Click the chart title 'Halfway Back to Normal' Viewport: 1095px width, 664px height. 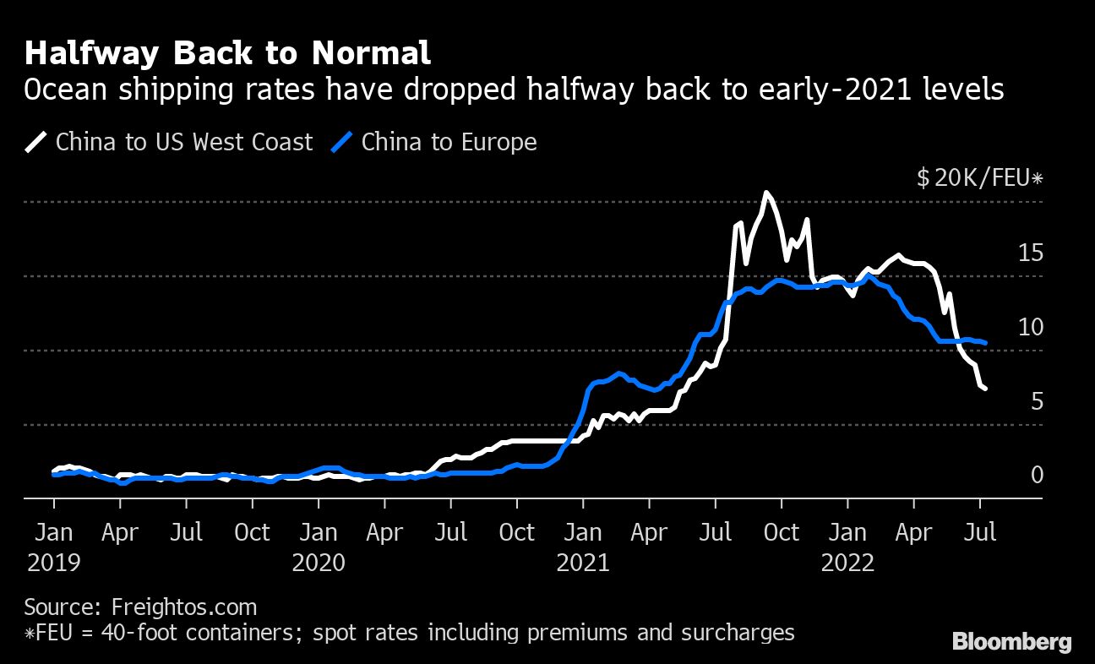pyautogui.click(x=227, y=53)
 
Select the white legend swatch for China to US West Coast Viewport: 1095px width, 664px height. pyautogui.click(x=36, y=141)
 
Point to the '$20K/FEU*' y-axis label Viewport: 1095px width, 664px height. pyautogui.click(x=979, y=178)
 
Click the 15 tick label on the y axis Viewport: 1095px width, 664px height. pyautogui.click(x=1031, y=253)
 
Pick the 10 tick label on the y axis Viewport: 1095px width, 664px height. pyautogui.click(x=1031, y=327)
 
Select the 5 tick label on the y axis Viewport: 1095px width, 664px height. pyautogui.click(x=1036, y=401)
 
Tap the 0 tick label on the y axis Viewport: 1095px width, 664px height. pyautogui.click(x=1036, y=476)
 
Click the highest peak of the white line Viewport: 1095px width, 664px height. pyautogui.click(x=765, y=193)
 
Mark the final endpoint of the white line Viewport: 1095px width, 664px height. pyautogui.click(x=985, y=389)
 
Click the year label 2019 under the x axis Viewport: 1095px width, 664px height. pyautogui.click(x=54, y=563)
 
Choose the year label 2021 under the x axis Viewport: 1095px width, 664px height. pyautogui.click(x=583, y=563)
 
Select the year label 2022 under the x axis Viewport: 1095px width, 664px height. pyautogui.click(x=847, y=563)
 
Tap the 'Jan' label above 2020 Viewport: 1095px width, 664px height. pyautogui.click(x=319, y=533)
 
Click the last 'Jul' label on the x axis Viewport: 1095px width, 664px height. pyautogui.click(x=980, y=533)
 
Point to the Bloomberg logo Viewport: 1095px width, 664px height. pyautogui.click(x=1011, y=642)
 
